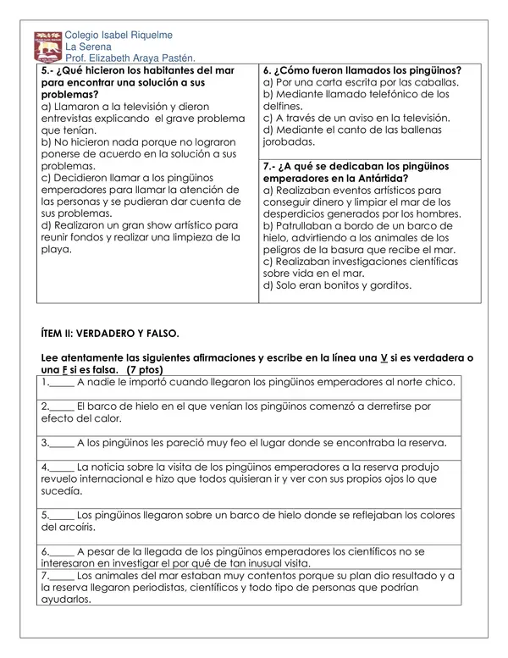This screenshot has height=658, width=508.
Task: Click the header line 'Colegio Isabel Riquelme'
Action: point(119,35)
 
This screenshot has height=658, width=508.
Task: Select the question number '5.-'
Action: point(49,71)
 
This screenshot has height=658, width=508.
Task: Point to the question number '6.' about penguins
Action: point(268,71)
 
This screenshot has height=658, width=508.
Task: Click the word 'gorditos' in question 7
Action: point(389,285)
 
